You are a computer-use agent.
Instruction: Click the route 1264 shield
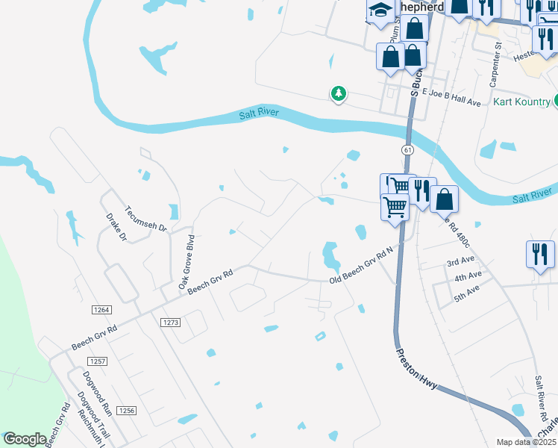pyautogui.click(x=102, y=310)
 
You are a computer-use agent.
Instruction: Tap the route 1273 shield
pyautogui.click(x=171, y=322)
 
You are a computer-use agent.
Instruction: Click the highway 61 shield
pyautogui.click(x=407, y=149)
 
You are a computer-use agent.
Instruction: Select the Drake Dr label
pyautogui.click(x=116, y=228)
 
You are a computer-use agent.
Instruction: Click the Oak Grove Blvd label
pyautogui.click(x=186, y=262)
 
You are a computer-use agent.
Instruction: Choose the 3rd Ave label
pyautogui.click(x=460, y=262)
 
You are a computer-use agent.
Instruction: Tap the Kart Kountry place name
pyautogui.click(x=521, y=102)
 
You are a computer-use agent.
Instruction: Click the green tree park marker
pyautogui.click(x=339, y=93)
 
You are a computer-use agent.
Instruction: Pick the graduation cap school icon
pyautogui.click(x=380, y=11)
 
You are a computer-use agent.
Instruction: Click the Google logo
pyautogui.click(x=25, y=439)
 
